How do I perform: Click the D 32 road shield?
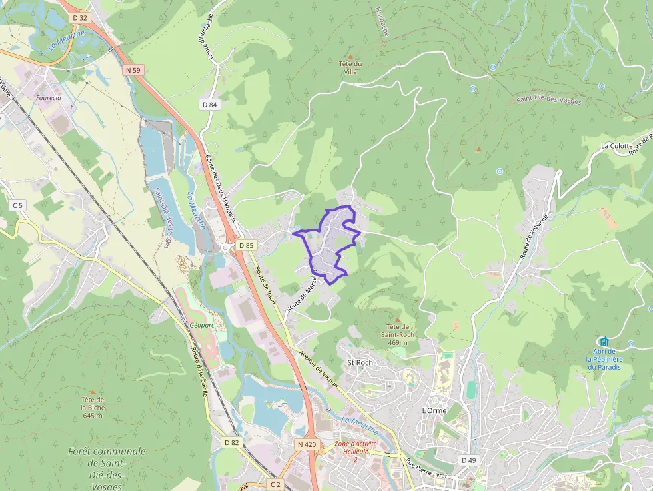pyautogui.click(x=79, y=17)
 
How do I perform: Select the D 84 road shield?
pyautogui.click(x=209, y=105)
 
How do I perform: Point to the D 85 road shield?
pyautogui.click(x=246, y=245)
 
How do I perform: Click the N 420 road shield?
pyautogui.click(x=307, y=444)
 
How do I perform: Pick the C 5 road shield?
pyautogui.click(x=18, y=205)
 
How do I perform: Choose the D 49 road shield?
pyautogui.click(x=468, y=460)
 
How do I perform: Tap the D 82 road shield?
pyautogui.click(x=231, y=442)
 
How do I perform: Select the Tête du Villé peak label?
pyautogui.click(x=350, y=68)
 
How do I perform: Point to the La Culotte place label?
pyautogui.click(x=616, y=145)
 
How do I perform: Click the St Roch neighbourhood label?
pyautogui.click(x=360, y=362)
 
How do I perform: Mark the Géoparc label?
pyautogui.click(x=201, y=326)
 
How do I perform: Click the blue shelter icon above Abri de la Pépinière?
pyautogui.click(x=604, y=342)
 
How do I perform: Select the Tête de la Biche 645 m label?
pyautogui.click(x=92, y=407)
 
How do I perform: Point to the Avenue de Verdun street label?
pyautogui.click(x=319, y=369)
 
